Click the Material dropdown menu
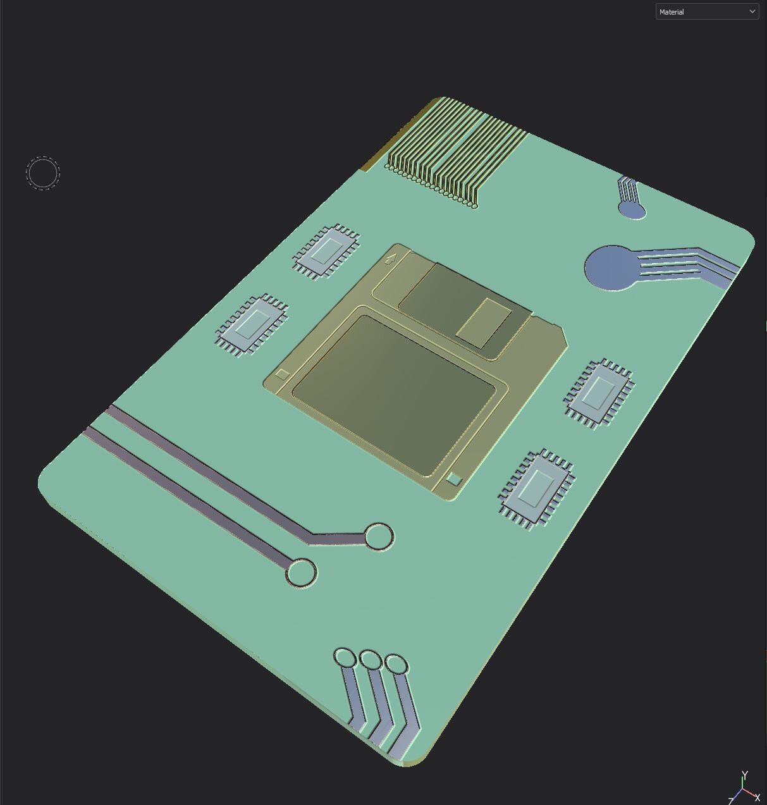pos(706,11)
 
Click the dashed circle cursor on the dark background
pos(43,173)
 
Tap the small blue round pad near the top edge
pos(631,209)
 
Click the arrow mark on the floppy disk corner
pos(391,258)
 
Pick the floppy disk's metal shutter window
pos(484,323)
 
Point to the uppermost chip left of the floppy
pos(326,251)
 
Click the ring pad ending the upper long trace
pos(378,536)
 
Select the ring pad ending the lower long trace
pos(301,573)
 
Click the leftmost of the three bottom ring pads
pos(345,658)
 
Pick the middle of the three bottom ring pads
pos(371,661)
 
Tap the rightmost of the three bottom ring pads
pos(396,665)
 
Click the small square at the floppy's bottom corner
pos(453,479)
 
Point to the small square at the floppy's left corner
pos(283,374)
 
